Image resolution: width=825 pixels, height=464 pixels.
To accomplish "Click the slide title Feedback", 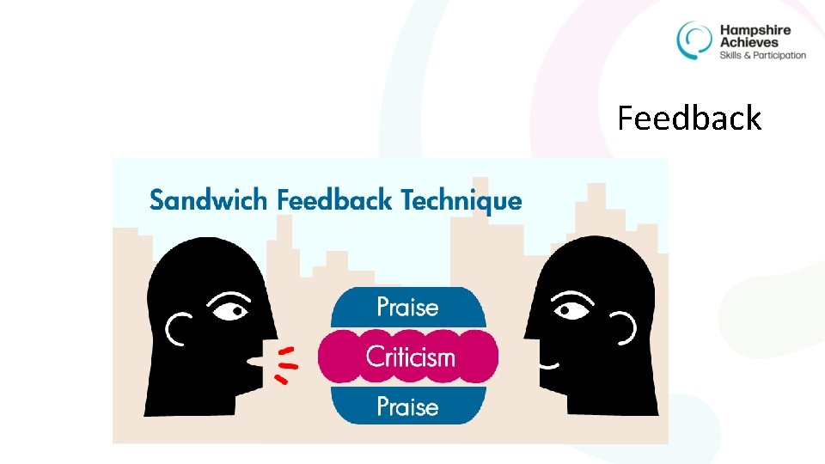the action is click(689, 118).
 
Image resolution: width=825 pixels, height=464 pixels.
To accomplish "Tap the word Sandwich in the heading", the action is click(209, 200).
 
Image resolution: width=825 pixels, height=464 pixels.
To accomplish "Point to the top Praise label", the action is click(407, 307).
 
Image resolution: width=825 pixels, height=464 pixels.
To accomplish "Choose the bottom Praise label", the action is click(407, 406).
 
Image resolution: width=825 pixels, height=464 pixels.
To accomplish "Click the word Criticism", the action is click(410, 357).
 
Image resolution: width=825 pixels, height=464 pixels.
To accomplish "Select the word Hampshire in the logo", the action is click(755, 30).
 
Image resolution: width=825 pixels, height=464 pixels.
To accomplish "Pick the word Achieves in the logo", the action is click(749, 42).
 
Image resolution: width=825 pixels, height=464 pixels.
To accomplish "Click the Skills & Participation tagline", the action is click(762, 55).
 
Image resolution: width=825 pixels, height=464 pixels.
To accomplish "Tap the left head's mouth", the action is click(255, 363).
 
